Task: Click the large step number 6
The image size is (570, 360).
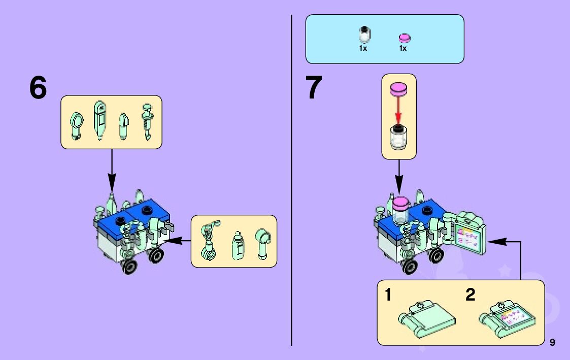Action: click(x=38, y=88)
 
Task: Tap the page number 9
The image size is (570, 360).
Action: click(x=552, y=342)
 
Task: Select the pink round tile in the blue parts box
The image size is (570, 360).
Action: click(x=405, y=38)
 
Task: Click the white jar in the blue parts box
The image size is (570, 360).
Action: click(x=364, y=36)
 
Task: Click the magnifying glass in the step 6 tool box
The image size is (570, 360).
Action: click(x=76, y=124)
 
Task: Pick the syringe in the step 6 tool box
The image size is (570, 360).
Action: click(x=148, y=121)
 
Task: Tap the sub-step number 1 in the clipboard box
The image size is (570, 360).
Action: click(x=388, y=295)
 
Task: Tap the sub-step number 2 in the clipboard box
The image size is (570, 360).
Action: click(x=471, y=295)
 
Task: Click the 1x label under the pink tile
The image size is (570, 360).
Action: click(x=403, y=49)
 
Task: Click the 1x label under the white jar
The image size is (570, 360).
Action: click(x=363, y=49)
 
